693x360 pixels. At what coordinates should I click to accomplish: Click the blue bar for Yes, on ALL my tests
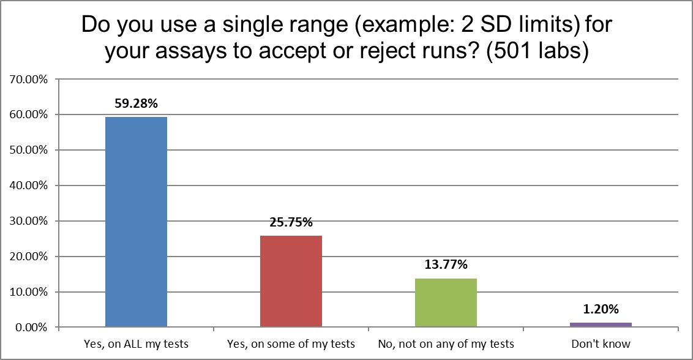136,222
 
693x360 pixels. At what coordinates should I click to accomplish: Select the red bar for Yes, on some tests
291,282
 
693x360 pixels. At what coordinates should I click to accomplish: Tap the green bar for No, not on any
446,302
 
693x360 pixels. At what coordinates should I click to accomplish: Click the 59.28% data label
136,103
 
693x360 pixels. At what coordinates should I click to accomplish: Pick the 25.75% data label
291,222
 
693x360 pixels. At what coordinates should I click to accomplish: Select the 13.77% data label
446,264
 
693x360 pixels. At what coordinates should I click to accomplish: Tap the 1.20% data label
601,309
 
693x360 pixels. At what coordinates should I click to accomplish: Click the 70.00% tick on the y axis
31,79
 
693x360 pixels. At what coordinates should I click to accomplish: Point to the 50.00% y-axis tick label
31,150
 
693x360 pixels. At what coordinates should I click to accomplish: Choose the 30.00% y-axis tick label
31,221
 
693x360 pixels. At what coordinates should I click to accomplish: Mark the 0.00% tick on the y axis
34,328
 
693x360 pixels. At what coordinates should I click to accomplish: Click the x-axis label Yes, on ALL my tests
136,343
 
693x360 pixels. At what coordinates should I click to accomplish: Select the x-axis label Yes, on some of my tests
291,343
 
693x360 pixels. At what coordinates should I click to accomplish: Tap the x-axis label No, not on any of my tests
446,343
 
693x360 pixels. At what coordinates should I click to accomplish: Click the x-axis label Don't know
601,343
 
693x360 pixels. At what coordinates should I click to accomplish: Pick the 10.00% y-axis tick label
31,292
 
